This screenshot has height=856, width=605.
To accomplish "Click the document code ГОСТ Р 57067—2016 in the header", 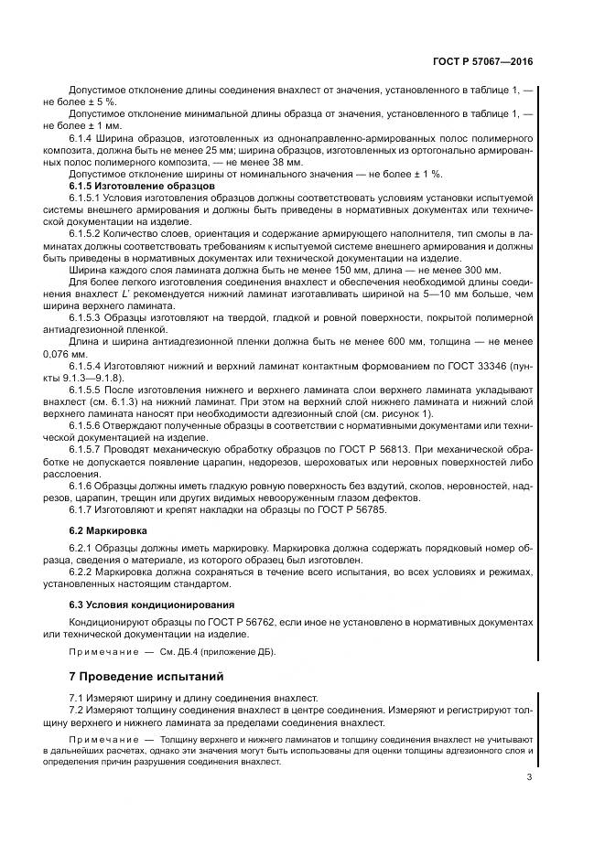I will pyautogui.click(x=481, y=62).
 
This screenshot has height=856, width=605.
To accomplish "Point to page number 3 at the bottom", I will pyautogui.click(x=529, y=777).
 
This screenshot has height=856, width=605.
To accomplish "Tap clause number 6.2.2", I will pyautogui.click(x=83, y=571).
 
